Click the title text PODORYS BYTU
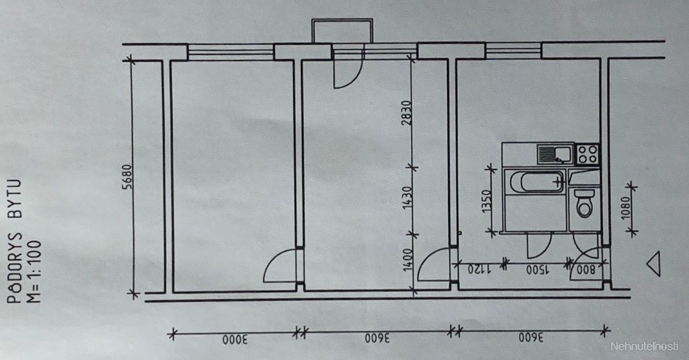point(15,242)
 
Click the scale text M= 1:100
point(34,271)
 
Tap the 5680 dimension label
point(126,177)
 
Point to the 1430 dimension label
point(407,198)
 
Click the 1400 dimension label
point(407,259)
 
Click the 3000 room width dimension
point(235,340)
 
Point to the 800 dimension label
point(586,270)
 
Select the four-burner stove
point(587,154)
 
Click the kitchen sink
point(555,154)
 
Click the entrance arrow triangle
point(653,264)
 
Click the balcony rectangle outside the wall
point(342,31)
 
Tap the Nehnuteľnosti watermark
point(645,347)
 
